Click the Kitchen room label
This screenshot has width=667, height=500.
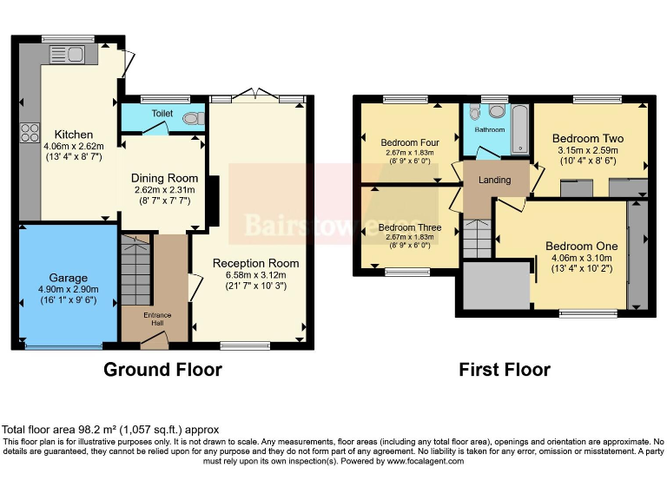tap(74, 135)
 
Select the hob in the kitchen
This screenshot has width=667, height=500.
tap(29, 133)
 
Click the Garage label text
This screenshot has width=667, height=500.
tap(68, 278)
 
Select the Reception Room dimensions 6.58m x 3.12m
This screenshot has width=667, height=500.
tap(255, 275)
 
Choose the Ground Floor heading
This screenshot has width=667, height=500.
tap(162, 370)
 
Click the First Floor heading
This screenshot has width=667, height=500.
tap(505, 370)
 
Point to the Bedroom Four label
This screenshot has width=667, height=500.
tap(409, 142)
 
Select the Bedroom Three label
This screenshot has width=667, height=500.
tap(409, 227)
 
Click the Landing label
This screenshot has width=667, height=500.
tap(495, 181)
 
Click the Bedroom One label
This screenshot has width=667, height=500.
tap(581, 247)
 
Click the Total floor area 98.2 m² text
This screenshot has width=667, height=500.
tap(110, 430)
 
